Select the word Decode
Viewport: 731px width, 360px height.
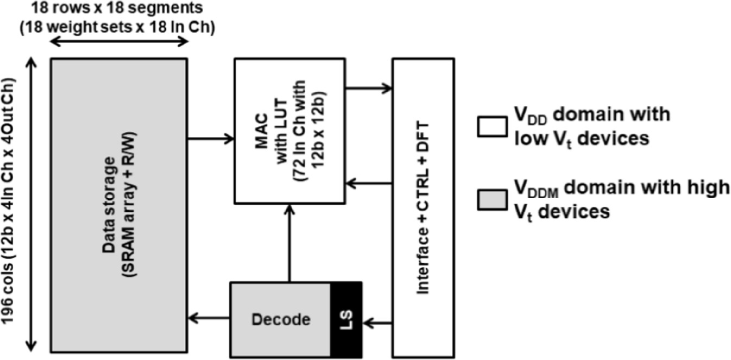point(281,320)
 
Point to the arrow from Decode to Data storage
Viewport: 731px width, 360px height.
point(209,319)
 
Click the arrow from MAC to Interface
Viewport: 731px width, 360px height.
point(369,86)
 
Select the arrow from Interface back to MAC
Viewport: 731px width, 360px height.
point(369,184)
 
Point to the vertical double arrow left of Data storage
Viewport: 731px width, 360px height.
point(32,206)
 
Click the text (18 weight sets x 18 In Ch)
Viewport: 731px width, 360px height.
point(118,27)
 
